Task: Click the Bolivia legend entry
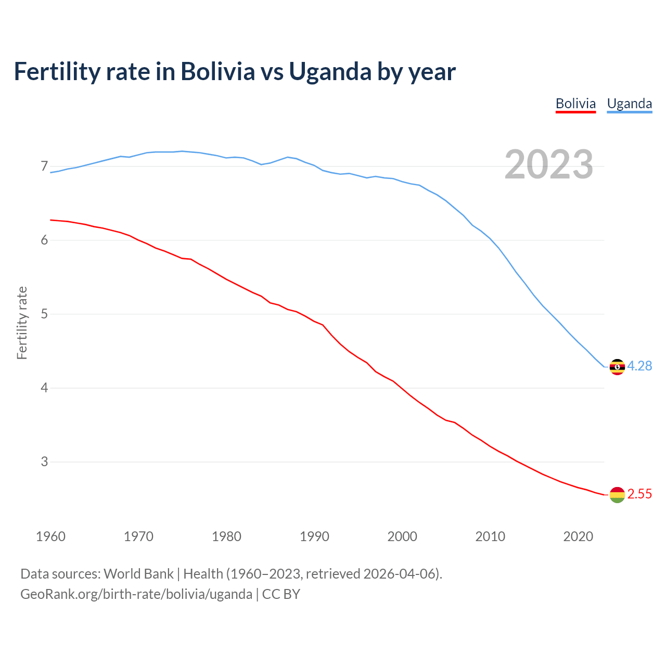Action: click(575, 104)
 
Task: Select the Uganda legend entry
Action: click(630, 104)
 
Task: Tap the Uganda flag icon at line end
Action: click(617, 367)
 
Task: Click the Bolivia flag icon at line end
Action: click(617, 495)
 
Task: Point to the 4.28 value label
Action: click(639, 366)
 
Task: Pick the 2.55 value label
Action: click(639, 494)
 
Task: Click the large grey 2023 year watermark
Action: click(549, 165)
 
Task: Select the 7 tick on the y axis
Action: click(44, 166)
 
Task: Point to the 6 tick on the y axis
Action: click(44, 240)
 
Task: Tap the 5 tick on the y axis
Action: click(44, 314)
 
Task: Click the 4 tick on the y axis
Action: click(44, 388)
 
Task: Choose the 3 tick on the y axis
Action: click(44, 462)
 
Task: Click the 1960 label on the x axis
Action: click(50, 536)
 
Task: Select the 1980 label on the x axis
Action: click(226, 536)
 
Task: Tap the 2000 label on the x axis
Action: click(402, 536)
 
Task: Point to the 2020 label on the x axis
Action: click(578, 536)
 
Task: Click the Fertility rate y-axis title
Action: click(22, 323)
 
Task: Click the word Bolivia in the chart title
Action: click(217, 72)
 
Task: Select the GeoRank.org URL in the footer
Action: click(136, 594)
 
